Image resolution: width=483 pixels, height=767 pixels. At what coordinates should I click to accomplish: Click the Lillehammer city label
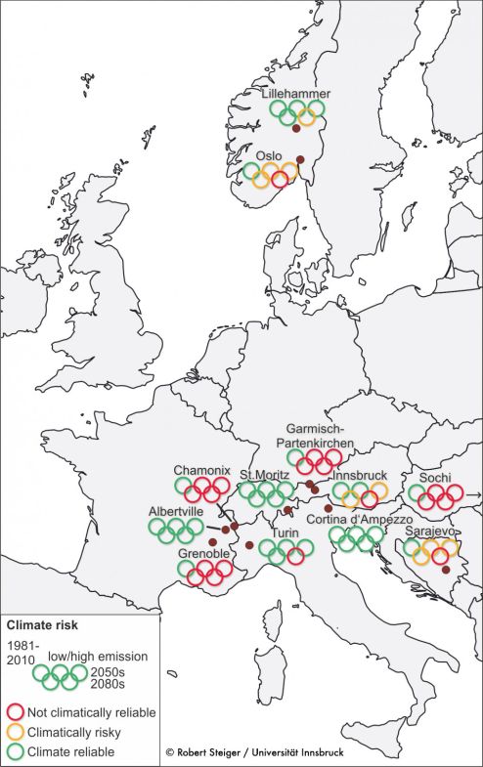click(295, 94)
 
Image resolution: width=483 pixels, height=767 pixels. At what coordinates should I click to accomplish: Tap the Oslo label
click(269, 155)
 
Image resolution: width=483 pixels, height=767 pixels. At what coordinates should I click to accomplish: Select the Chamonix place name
click(201, 469)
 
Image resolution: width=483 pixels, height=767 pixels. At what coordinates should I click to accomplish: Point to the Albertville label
click(175, 511)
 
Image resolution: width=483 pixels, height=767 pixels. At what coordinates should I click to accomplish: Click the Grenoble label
click(203, 554)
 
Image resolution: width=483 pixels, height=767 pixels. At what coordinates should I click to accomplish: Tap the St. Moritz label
click(263, 475)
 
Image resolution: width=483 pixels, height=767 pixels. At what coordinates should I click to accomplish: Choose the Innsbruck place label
click(359, 475)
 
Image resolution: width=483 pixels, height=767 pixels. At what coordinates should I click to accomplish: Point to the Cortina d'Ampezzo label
click(359, 519)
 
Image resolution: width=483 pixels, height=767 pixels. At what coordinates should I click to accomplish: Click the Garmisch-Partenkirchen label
click(325, 435)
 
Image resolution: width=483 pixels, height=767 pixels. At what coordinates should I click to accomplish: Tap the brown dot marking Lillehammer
click(296, 129)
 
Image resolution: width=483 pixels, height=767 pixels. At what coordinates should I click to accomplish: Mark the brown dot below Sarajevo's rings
click(445, 570)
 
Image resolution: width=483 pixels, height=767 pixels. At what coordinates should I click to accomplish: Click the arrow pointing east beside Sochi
click(474, 496)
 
